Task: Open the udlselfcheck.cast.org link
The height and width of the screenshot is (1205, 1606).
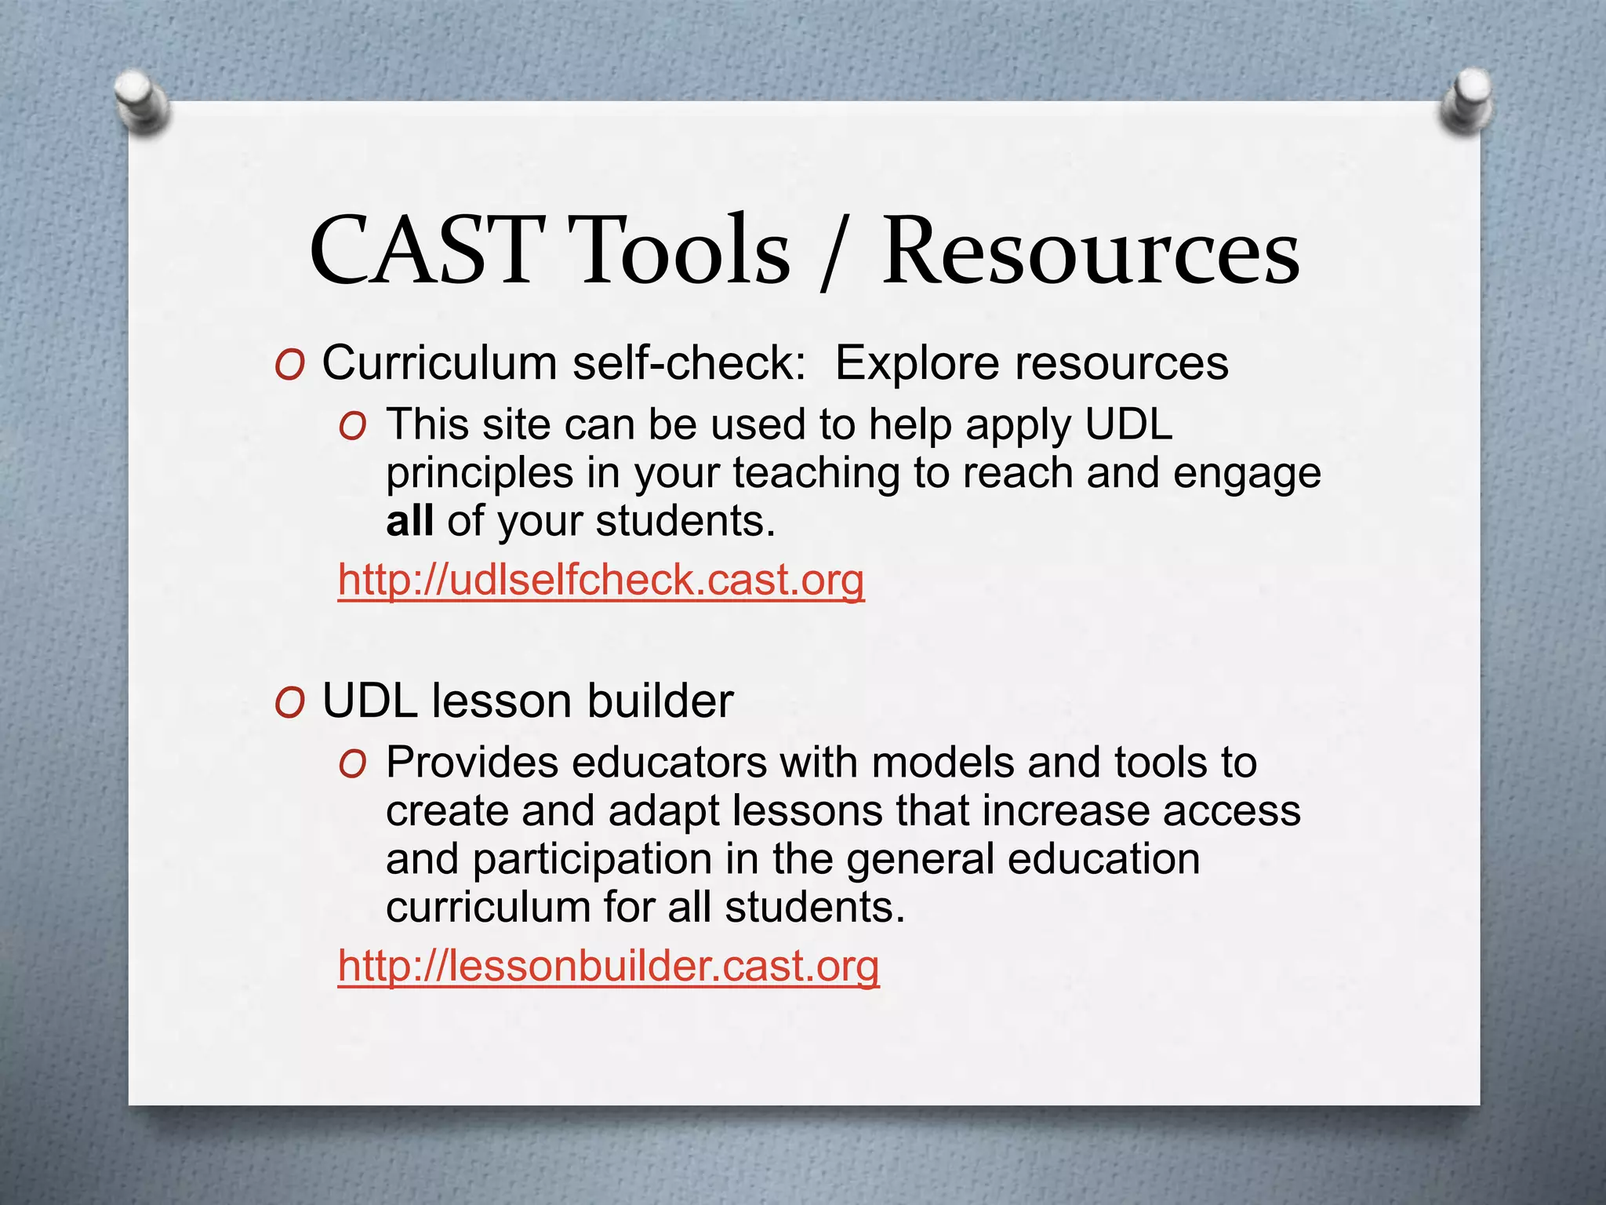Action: (x=601, y=581)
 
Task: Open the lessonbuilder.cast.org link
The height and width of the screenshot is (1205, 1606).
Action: (x=609, y=966)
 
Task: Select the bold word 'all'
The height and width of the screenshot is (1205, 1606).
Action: (x=409, y=521)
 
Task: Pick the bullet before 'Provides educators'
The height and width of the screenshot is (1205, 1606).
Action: (x=352, y=765)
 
